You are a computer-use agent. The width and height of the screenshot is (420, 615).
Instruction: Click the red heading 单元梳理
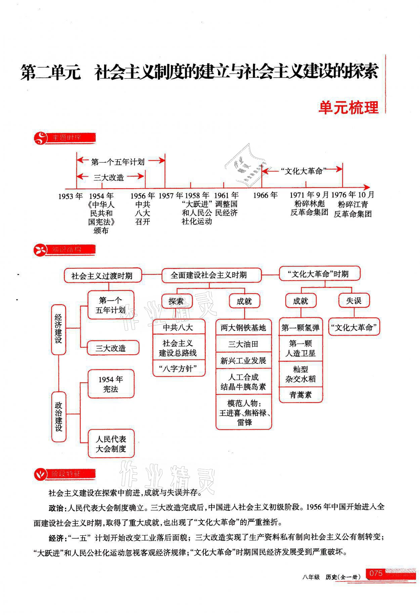(348, 108)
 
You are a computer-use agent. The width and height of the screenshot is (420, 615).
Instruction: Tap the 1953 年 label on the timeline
(71, 196)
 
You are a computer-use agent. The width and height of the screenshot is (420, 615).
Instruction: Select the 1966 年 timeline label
(265, 195)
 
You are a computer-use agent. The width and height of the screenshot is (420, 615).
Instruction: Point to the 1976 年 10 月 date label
(352, 195)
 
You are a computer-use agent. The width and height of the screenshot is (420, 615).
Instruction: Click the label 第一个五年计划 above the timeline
(118, 162)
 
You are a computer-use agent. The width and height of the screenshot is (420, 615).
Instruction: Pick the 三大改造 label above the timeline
(109, 178)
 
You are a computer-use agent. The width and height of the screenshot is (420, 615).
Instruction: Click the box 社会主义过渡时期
(102, 276)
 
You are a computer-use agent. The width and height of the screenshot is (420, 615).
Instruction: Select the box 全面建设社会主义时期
(209, 275)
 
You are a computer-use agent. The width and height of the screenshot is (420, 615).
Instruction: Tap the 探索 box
(177, 301)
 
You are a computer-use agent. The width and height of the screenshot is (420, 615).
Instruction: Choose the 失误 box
(353, 300)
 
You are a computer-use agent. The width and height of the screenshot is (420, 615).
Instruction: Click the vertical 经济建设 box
(58, 329)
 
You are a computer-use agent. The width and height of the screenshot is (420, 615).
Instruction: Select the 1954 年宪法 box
(111, 384)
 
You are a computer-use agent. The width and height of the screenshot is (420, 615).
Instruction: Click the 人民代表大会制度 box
(111, 444)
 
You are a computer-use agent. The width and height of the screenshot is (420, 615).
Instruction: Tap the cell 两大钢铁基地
(243, 328)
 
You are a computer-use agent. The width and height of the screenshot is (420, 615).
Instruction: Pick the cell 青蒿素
(301, 395)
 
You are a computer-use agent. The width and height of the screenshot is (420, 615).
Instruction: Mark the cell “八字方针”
(179, 369)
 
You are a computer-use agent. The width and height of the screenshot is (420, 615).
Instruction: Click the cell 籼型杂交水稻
(301, 374)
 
